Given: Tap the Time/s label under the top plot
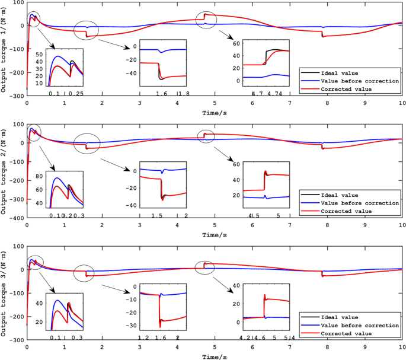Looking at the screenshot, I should click(215, 112).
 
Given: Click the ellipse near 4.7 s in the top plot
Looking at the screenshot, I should click(206, 19).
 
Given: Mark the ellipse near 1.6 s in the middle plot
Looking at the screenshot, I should click(87, 143).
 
